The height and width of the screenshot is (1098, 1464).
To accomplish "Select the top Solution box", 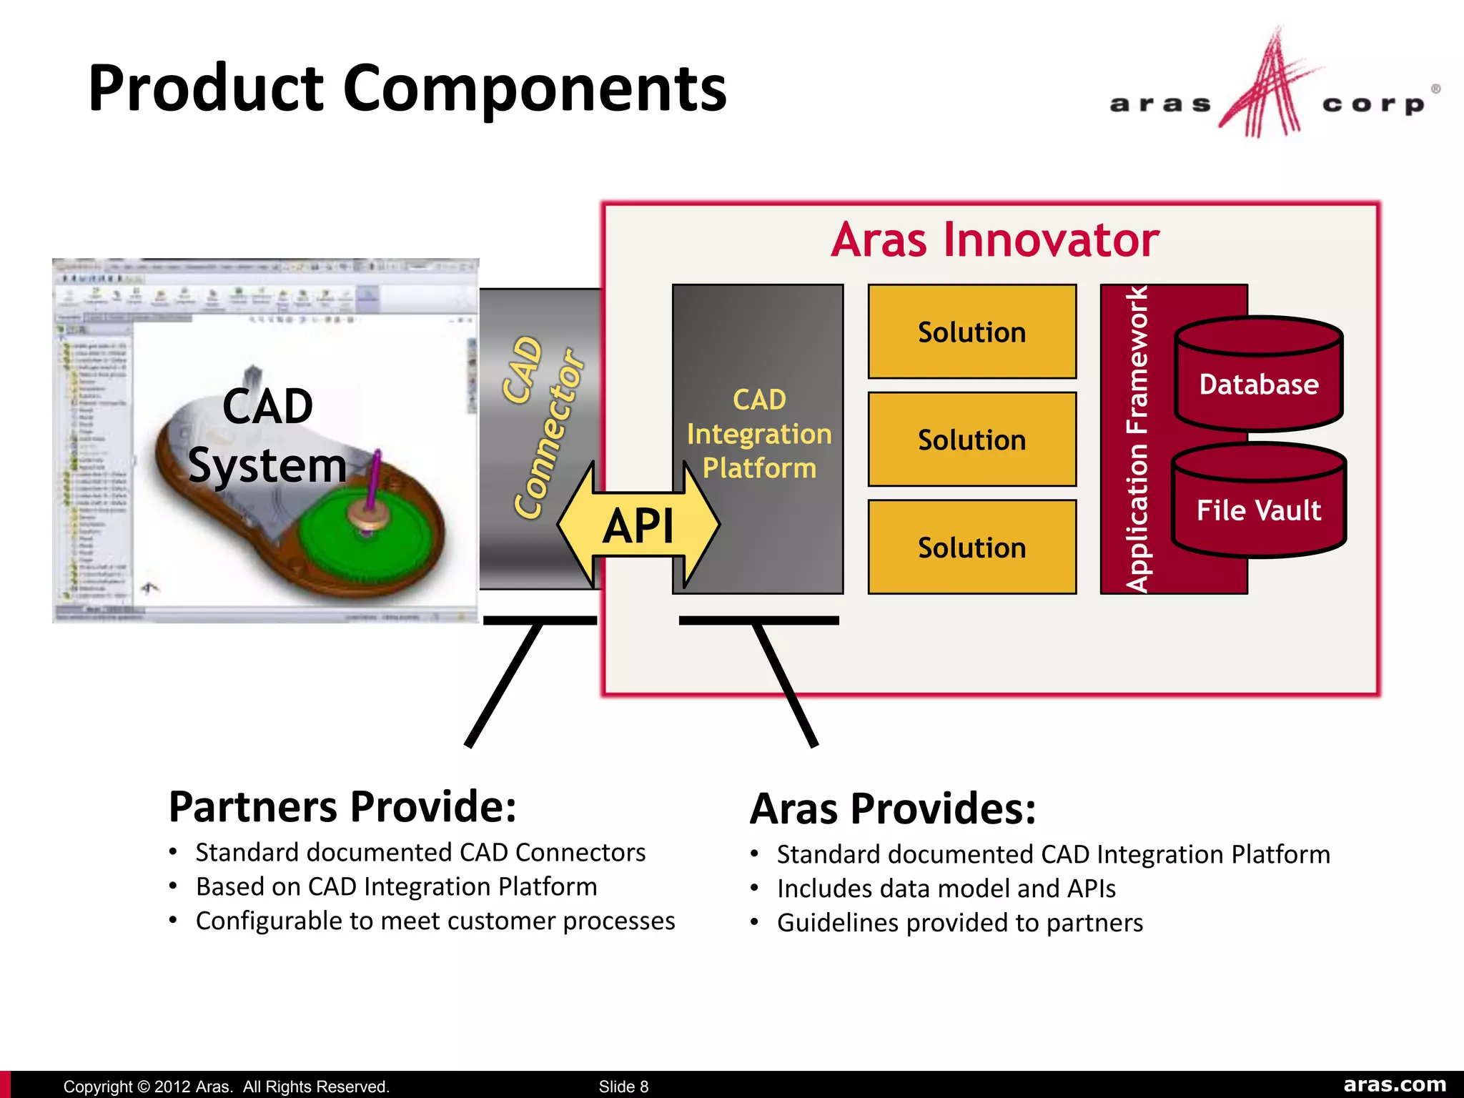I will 971,332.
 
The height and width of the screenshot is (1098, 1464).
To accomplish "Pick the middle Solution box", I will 971,440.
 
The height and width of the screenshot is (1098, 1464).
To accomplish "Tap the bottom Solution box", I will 971,548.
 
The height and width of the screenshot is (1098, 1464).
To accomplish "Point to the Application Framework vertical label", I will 1137,439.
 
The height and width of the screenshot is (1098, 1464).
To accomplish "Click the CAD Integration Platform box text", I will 758,433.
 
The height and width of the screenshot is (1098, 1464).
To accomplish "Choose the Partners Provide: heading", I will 342,806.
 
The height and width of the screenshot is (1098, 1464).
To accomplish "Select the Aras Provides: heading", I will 893,808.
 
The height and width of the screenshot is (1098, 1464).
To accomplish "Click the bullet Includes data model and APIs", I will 946,889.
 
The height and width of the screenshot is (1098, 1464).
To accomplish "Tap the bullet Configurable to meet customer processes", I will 435,921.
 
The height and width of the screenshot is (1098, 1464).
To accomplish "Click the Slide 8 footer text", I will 623,1086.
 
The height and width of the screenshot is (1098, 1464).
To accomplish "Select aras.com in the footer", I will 1394,1084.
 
